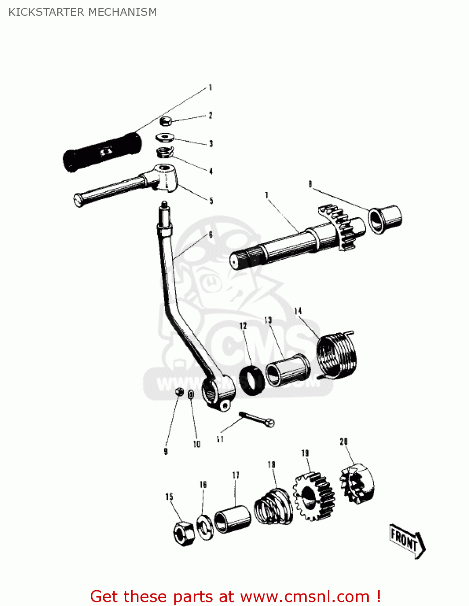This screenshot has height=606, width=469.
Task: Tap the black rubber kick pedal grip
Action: click(x=103, y=151)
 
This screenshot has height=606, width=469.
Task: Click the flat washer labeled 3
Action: click(x=165, y=138)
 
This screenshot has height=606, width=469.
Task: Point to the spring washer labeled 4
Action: click(x=165, y=153)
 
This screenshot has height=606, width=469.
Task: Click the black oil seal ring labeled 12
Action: click(x=252, y=380)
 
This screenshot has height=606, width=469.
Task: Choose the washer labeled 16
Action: click(x=205, y=527)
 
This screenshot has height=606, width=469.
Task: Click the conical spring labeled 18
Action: click(x=273, y=507)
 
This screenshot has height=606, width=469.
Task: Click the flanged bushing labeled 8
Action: click(x=385, y=219)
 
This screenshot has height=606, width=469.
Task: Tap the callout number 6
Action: click(x=210, y=235)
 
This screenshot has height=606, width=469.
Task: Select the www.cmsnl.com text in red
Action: click(x=305, y=596)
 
